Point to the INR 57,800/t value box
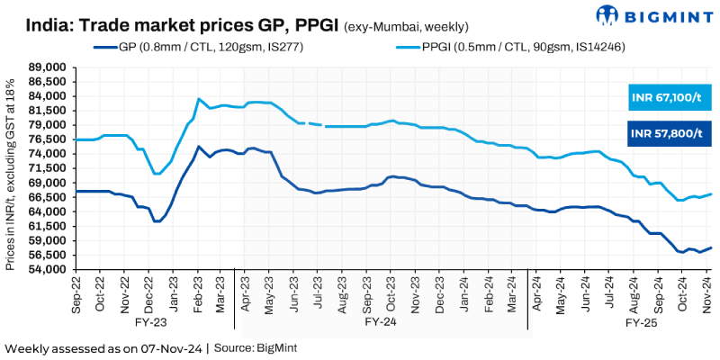point(667,134)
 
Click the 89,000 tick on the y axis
point(49,67)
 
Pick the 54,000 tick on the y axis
point(49,270)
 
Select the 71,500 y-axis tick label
point(49,168)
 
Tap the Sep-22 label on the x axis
point(79,294)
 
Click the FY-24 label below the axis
point(381,319)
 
